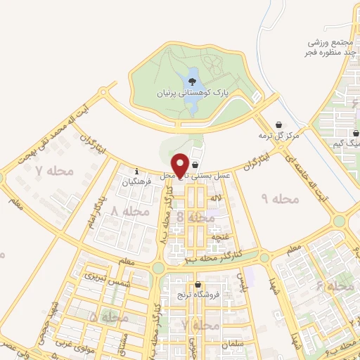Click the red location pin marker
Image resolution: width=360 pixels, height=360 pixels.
pyautogui.click(x=181, y=165)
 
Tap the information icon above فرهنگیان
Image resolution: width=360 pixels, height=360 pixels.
pyautogui.click(x=136, y=170)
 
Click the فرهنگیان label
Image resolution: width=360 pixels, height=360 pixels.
pyautogui.click(x=136, y=181)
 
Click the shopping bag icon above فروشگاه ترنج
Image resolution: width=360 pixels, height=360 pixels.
pyautogui.click(x=198, y=285)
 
